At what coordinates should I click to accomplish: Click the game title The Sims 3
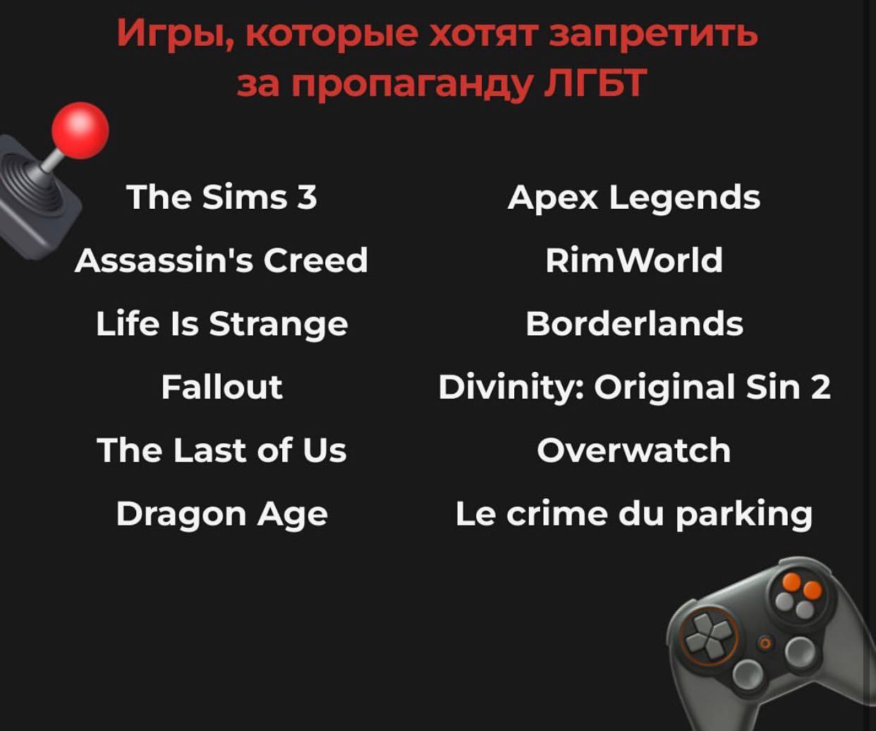[x=221, y=197]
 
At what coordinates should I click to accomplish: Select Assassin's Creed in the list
[x=221, y=260]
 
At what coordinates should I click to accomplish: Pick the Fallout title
[x=222, y=387]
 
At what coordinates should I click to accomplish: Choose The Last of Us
[x=221, y=450]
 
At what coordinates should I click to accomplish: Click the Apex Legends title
[x=634, y=198]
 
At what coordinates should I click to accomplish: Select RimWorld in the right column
[x=634, y=260]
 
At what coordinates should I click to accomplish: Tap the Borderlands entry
[x=634, y=324]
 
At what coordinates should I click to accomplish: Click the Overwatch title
[x=634, y=450]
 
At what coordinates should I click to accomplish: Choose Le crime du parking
[x=634, y=515]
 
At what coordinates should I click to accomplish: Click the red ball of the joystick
[x=80, y=131]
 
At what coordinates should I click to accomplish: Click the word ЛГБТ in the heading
[x=593, y=83]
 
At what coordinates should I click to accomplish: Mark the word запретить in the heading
[x=653, y=35]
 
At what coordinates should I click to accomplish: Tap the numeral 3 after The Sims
[x=307, y=197]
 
